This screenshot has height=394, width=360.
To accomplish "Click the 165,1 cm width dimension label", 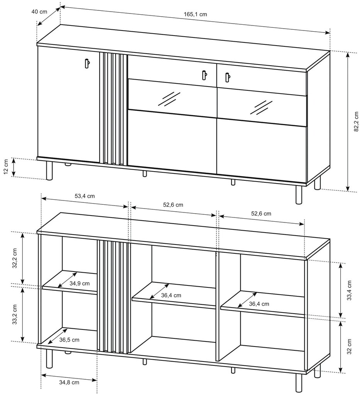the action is pyautogui.click(x=195, y=14).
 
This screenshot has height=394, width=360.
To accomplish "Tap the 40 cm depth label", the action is pyautogui.click(x=39, y=12).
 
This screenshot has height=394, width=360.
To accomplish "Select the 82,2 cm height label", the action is pyautogui.click(x=356, y=122).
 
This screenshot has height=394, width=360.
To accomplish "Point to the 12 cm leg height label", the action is pyautogui.click(x=6, y=166).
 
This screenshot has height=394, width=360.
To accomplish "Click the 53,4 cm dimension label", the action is pyautogui.click(x=85, y=196).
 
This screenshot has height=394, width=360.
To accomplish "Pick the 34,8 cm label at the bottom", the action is pyautogui.click(x=69, y=382).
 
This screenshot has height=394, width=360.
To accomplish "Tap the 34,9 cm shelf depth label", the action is pyautogui.click(x=79, y=284).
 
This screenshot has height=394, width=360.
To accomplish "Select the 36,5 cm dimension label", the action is pyautogui.click(x=69, y=340).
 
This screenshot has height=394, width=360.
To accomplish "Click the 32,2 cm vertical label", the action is pyautogui.click(x=15, y=258).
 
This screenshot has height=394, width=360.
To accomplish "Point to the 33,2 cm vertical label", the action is pyautogui.click(x=15, y=314).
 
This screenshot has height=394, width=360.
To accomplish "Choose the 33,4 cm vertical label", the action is pyautogui.click(x=349, y=290).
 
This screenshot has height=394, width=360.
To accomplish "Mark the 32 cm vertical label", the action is pyautogui.click(x=349, y=346).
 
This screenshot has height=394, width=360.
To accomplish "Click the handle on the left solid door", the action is pyautogui.click(x=87, y=63).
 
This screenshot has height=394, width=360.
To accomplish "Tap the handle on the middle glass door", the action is pyautogui.click(x=205, y=75).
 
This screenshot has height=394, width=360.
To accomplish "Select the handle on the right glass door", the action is pyautogui.click(x=227, y=77).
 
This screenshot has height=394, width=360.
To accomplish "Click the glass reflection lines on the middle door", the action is pyautogui.click(x=169, y=99).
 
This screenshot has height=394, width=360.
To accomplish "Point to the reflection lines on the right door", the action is pyautogui.click(x=261, y=107).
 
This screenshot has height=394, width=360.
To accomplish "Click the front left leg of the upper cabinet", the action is pyautogui.click(x=49, y=171).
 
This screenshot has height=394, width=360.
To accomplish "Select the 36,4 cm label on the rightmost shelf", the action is pyautogui.click(x=259, y=304).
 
